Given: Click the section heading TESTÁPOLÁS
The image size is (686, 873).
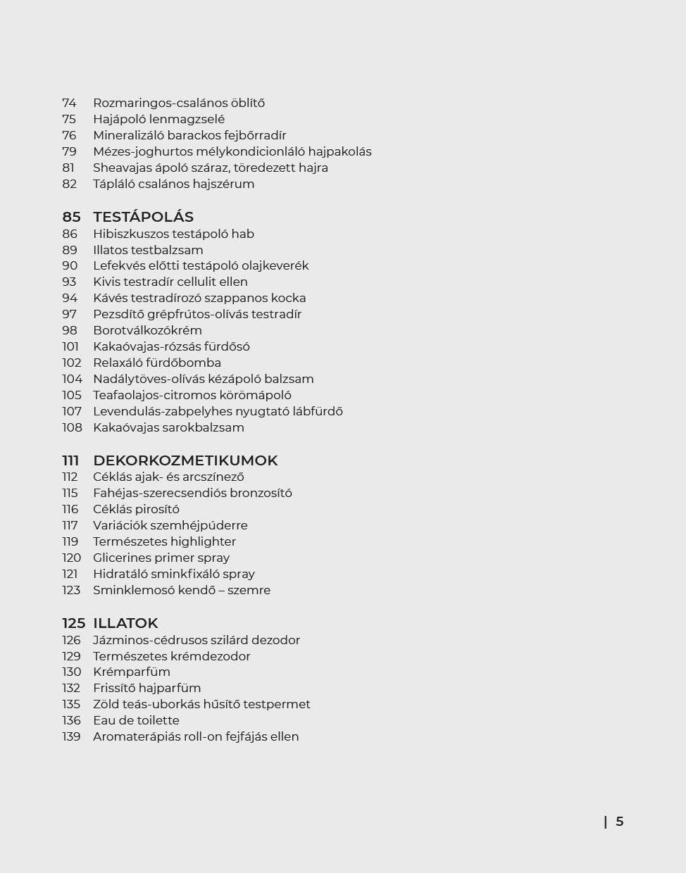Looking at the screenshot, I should pos(143,217).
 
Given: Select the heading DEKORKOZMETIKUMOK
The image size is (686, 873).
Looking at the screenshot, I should pos(185,460).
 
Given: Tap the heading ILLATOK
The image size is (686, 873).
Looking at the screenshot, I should pos(125,623).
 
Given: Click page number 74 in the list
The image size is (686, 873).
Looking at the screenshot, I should pos(69,103).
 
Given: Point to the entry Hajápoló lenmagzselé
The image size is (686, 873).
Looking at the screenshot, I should pos(158,119).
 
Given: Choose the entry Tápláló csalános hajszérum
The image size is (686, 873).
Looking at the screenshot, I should pos(173,184).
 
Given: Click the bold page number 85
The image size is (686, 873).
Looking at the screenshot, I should pos(71,217).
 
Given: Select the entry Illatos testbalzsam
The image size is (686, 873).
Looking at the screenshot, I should pos(148,250).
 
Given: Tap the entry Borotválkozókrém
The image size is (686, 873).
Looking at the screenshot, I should pos(147,330).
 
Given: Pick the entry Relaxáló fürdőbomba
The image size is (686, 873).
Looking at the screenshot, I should pos(157,363).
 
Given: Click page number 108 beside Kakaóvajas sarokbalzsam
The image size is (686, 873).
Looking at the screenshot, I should pos(72,427).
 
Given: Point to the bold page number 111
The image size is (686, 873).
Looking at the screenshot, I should pos(70,460).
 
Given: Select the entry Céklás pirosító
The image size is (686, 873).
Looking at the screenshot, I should pos(136,509).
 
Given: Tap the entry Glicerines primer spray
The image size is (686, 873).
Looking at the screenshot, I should pos(161,558).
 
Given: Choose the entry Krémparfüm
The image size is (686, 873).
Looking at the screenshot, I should pos(132,672).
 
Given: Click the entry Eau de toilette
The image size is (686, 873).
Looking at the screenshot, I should pos(136,720).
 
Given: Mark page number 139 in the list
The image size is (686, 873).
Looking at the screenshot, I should pos(71,736).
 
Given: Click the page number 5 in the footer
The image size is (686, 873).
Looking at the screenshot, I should pos(620,822).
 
